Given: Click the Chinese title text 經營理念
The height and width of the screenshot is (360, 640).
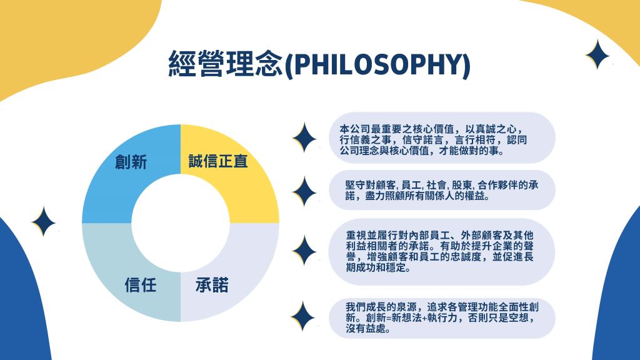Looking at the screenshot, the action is tap(226, 64).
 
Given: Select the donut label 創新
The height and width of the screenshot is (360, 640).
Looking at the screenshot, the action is tap(131, 162).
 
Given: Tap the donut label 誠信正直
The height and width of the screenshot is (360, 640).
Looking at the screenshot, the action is tap(218, 161).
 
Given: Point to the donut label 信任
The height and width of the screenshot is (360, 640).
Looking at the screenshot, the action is tap(141, 284).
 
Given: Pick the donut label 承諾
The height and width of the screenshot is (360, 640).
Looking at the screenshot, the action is tap(212, 284).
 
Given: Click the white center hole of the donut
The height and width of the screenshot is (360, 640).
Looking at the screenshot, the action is tap(181, 223).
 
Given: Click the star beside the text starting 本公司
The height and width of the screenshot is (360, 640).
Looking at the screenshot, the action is tap(304, 137).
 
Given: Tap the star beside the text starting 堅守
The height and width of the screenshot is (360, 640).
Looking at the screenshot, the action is tap(304, 191).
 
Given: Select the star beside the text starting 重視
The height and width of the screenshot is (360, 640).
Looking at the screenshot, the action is tap(304, 250).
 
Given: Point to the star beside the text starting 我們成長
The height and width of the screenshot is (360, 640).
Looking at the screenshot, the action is tap(303, 316).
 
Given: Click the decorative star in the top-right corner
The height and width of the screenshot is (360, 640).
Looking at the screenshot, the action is tap(597, 54).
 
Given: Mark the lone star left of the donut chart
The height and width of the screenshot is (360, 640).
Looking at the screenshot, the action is tap(43, 222).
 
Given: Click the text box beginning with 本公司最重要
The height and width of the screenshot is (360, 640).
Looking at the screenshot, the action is tap(442, 138).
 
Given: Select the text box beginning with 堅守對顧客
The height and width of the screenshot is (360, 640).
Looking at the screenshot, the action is tap(442, 190).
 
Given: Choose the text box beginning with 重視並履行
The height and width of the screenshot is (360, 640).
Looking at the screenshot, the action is tap(442, 252).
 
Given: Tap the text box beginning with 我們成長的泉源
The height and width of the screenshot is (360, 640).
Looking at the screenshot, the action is tap(442, 318).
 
